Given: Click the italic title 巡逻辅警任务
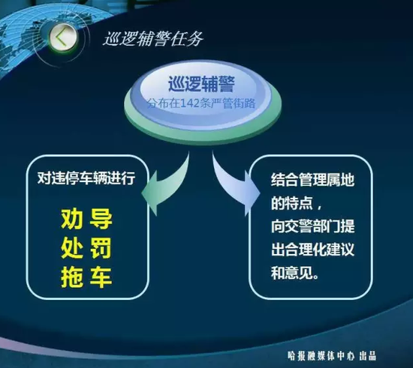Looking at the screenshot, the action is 153,40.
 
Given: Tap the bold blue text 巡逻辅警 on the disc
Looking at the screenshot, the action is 201,84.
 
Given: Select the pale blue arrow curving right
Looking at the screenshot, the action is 235,184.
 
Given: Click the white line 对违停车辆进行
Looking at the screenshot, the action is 86,178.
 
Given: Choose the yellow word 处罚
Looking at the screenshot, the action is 86,248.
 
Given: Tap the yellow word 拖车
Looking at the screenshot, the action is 86,277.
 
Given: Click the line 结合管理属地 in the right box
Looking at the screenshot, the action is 312,180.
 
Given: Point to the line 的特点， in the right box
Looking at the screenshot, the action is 297,203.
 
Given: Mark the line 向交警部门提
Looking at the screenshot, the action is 312,226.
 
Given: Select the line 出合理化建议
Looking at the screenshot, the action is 312,249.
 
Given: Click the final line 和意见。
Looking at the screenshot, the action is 295,273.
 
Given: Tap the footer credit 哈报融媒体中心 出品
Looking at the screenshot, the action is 332,356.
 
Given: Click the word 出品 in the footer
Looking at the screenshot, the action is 367,356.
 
